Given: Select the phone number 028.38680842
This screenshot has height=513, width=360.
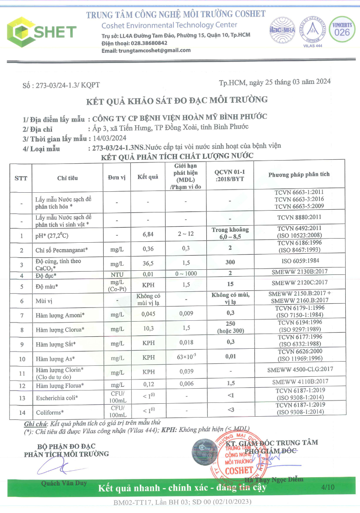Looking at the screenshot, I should pyautogui.click(x=148, y=43).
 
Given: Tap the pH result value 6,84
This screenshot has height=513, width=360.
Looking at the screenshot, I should pyautogui.click(x=148, y=234).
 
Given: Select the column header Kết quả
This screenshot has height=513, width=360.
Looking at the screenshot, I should pyautogui.click(x=148, y=177).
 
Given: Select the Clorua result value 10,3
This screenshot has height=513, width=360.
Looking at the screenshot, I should pyautogui.click(x=148, y=329).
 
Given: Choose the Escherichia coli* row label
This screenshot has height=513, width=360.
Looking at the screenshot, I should pyautogui.click(x=57, y=397).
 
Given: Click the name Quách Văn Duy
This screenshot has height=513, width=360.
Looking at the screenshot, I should pyautogui.click(x=58, y=483).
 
